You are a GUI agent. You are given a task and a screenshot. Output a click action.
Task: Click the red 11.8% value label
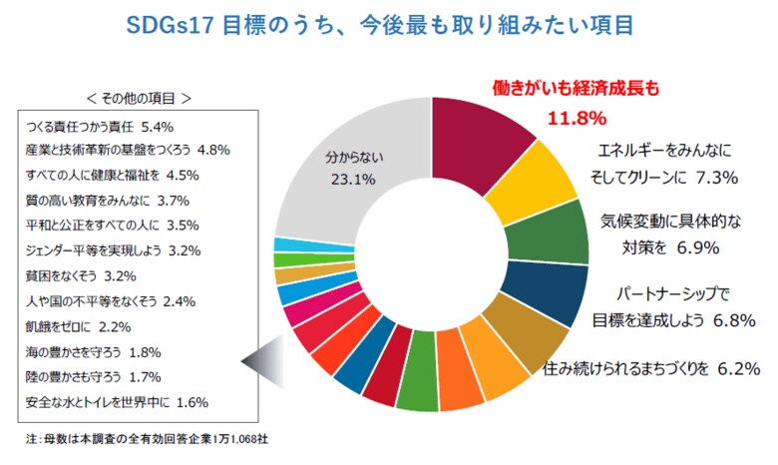tap(577, 118)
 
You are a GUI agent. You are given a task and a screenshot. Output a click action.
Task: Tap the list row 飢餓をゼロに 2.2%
tap(74, 326)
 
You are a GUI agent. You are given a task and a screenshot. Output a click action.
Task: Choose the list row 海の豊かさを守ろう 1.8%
tap(91, 351)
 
